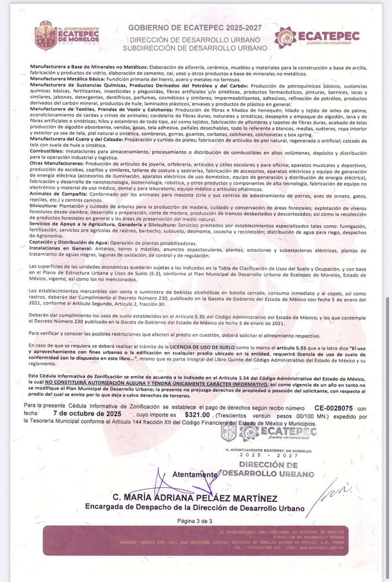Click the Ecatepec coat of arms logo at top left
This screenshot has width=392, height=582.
pos(46,35)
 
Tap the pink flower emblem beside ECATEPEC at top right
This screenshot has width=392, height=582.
pos(285,37)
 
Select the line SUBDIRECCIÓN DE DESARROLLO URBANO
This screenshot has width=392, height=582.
pos(195,48)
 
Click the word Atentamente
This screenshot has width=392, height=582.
pos(195,474)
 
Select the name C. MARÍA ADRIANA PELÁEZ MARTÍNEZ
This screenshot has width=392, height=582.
pos(195,498)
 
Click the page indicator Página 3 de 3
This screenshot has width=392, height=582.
pos(195,521)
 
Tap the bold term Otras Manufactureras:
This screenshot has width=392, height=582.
pos(57,163)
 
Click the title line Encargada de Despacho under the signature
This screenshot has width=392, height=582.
pos(195,508)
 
